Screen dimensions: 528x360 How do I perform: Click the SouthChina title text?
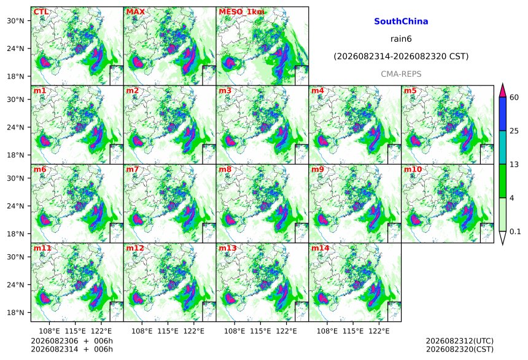pos(401,22)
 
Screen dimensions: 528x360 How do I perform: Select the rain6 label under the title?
pos(401,39)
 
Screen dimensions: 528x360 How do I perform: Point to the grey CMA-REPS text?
pos(401,74)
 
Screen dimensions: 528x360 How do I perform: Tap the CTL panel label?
pos(41,12)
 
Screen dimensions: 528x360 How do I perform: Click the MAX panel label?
pos(135,12)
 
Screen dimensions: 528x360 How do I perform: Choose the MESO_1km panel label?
pos(241,12)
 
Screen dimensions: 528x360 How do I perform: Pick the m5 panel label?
pos(410,91)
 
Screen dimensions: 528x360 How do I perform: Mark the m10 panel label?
pos(413,169)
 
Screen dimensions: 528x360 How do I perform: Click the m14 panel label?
pos(320,248)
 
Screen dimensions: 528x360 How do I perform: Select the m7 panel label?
pos(133,169)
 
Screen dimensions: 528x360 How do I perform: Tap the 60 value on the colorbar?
pos(514,98)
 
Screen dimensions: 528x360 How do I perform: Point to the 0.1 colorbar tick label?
pos(515,232)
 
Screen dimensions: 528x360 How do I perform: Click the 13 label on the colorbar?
pos(514,165)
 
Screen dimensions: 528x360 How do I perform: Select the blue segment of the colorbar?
pos(503,114)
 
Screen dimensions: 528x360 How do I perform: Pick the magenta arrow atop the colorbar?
pos(503,91)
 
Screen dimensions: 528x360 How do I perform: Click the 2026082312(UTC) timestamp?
pos(460,341)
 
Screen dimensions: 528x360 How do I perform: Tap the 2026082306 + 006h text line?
pos(72,341)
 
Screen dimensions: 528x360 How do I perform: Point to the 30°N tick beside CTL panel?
pos(15,20)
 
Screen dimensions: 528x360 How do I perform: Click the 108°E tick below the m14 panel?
pos(327,331)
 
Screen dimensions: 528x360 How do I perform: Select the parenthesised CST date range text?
pos(401,57)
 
